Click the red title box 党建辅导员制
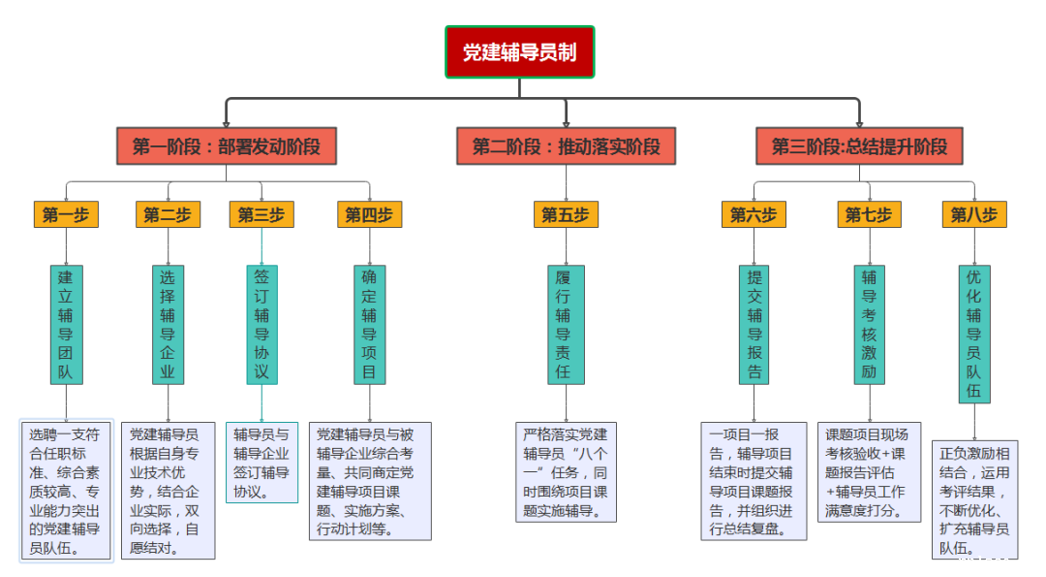click(x=519, y=51)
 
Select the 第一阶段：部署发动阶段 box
click(x=226, y=147)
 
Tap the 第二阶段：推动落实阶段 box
click(x=566, y=147)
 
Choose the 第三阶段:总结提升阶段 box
click(x=859, y=147)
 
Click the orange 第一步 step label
click(x=65, y=214)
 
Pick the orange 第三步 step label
click(x=261, y=214)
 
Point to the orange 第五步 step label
click(x=566, y=214)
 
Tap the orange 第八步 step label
click(x=973, y=214)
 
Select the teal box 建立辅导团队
click(x=65, y=323)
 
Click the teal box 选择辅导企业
click(x=168, y=323)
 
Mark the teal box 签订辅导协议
click(x=261, y=323)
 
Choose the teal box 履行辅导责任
click(x=566, y=323)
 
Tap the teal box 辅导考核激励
click(x=869, y=323)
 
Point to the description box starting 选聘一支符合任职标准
click(x=66, y=490)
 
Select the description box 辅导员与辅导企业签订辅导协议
click(x=261, y=462)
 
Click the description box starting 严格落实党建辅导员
click(x=566, y=470)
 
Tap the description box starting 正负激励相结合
click(x=974, y=499)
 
